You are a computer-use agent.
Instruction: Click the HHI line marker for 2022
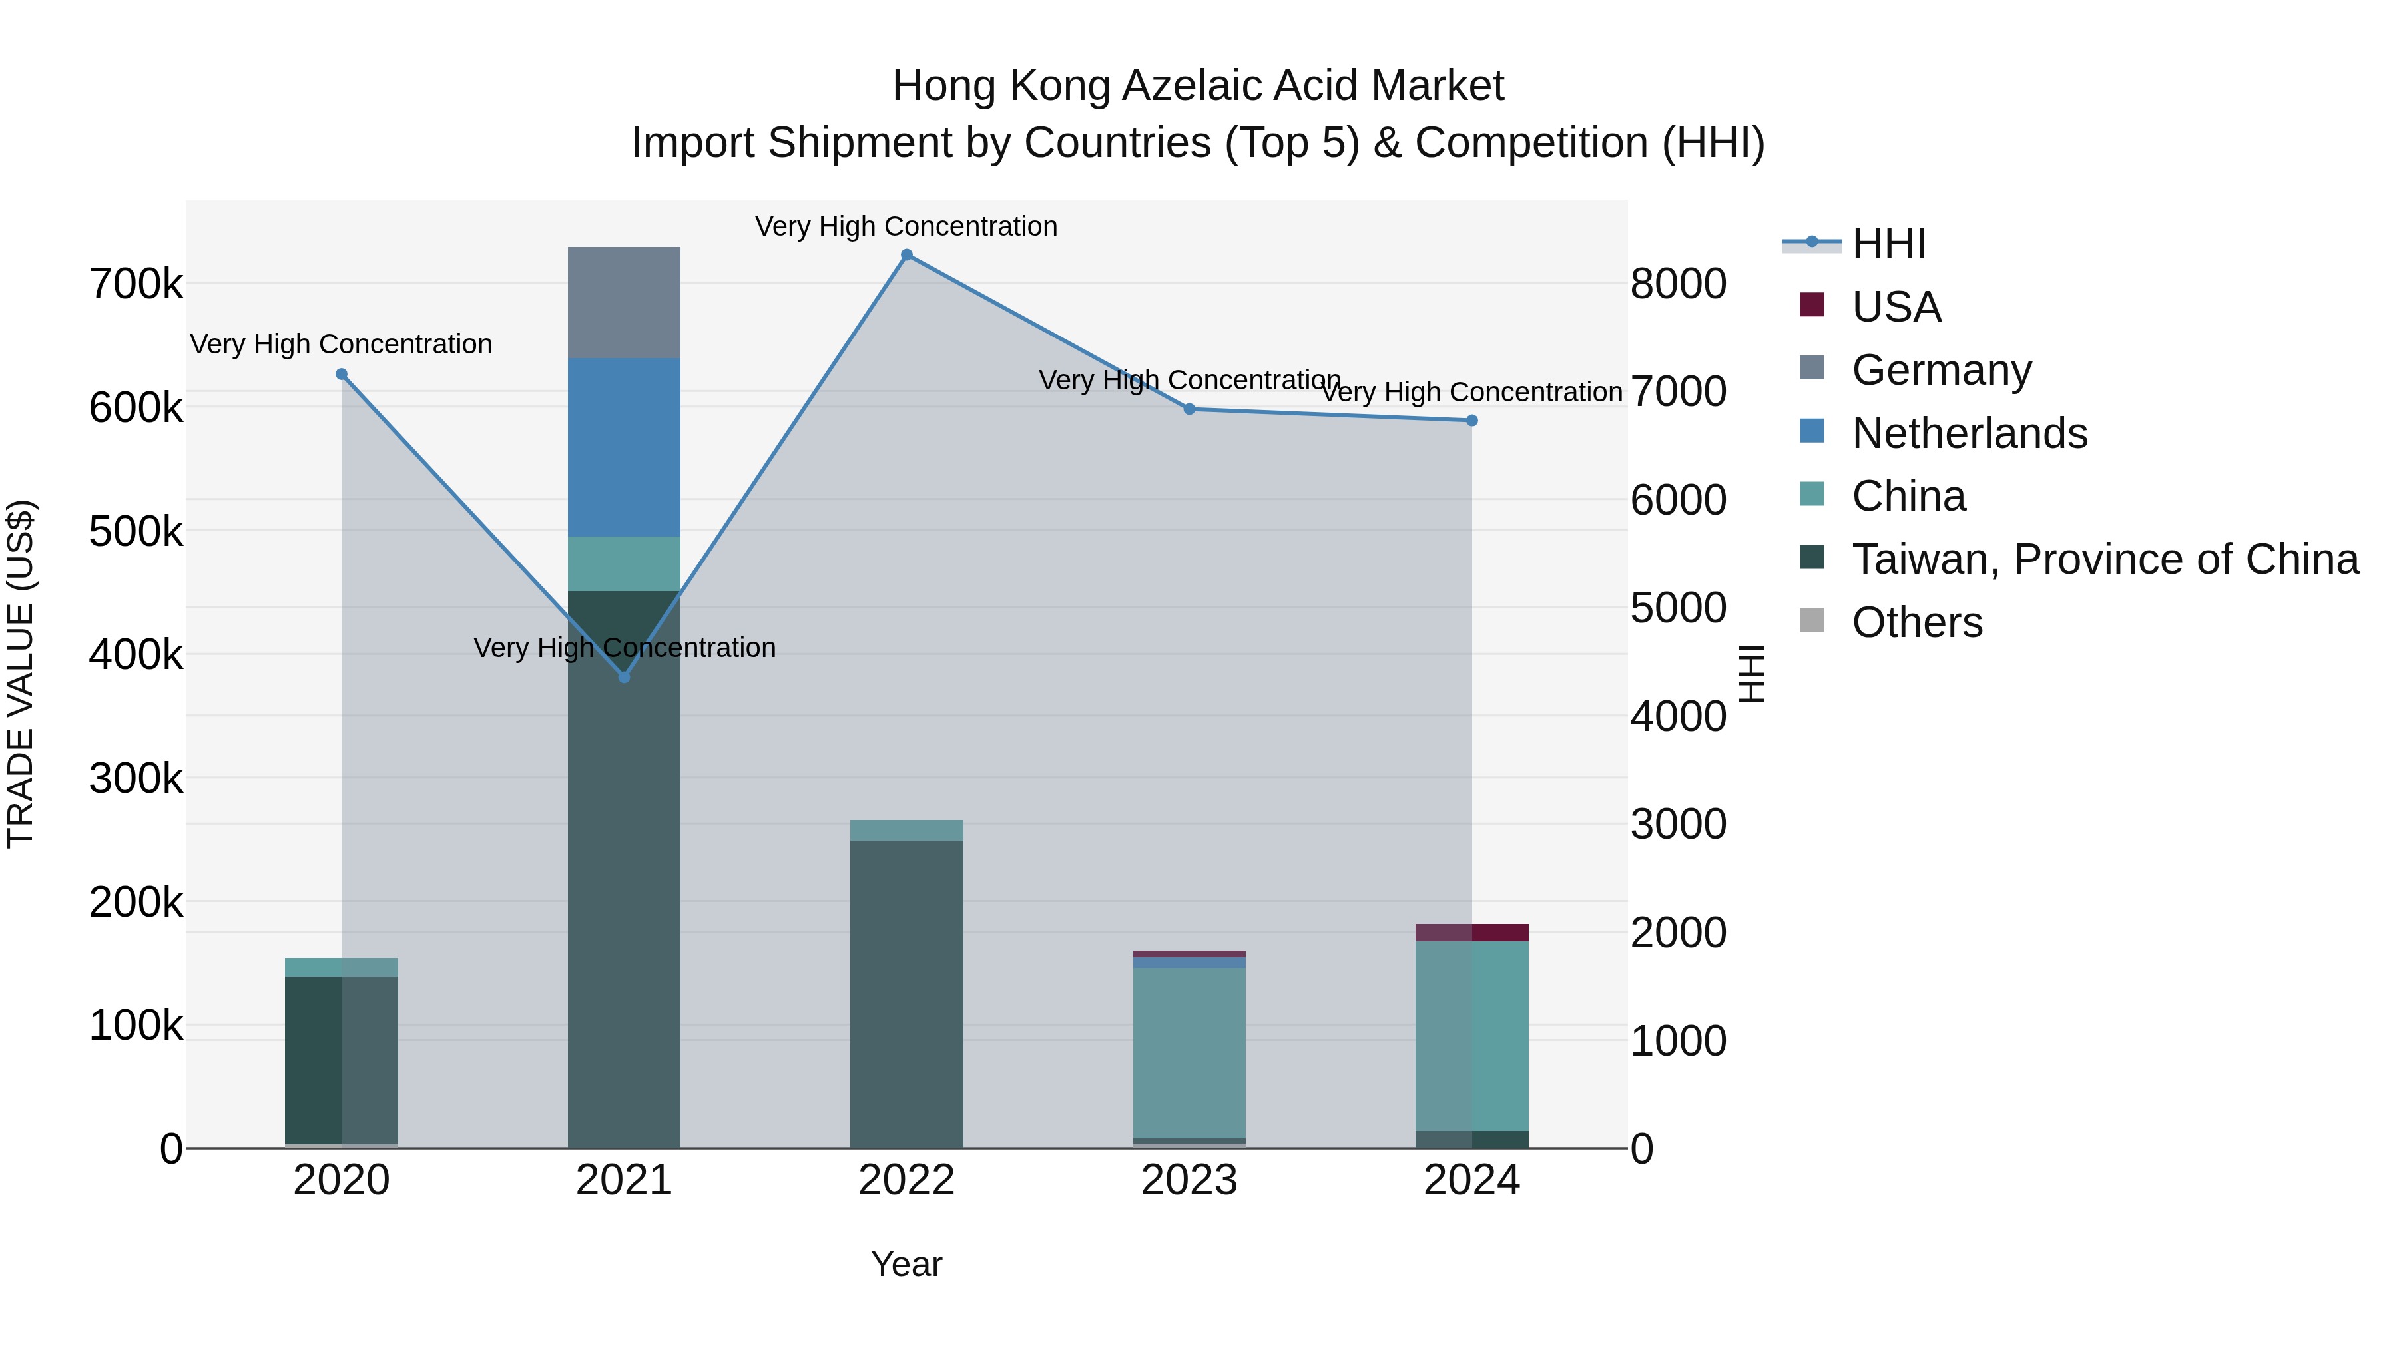pos(906,255)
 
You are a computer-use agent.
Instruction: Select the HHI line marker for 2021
pos(625,677)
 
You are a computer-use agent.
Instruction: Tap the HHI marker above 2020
pos(342,375)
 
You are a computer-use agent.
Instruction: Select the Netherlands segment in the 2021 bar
pos(625,447)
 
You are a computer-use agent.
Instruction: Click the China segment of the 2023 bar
pos(1189,1052)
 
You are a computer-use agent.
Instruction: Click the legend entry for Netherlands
pos(1969,433)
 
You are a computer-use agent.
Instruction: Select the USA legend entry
pos(1896,307)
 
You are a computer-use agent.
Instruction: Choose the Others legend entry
pos(1917,622)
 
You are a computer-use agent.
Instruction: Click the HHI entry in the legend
pos(1888,244)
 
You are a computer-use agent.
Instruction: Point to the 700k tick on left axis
pos(136,284)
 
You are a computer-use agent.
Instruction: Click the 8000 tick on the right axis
pos(1679,284)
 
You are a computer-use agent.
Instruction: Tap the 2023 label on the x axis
pos(1189,1180)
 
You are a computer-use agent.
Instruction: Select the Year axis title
pos(906,1264)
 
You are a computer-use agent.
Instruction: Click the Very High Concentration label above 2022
pos(906,226)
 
